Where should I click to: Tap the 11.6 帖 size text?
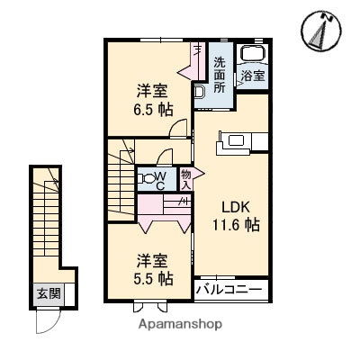pyautogui.click(x=235, y=225)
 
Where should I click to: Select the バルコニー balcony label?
pyautogui.click(x=230, y=292)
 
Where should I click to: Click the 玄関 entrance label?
pyautogui.click(x=48, y=292)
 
